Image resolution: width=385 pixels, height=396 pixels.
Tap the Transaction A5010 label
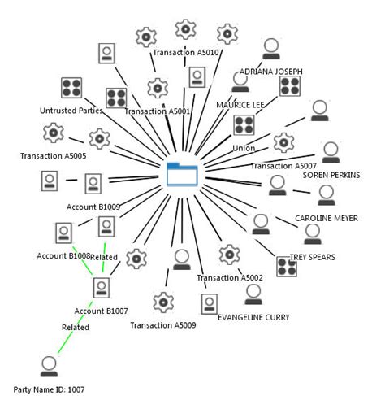point(186,53)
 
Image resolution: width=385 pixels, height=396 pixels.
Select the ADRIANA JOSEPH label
point(270,72)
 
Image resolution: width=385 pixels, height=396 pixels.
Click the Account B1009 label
point(93,207)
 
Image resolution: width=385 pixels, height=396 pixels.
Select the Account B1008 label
point(62,256)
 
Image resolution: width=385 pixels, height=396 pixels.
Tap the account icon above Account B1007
point(102,287)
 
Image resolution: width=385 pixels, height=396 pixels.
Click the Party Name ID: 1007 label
point(49,389)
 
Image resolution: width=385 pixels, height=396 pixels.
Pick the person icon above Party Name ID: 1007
point(50,363)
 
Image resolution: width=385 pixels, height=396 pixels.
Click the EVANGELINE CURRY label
point(255,318)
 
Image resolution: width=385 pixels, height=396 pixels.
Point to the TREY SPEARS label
point(312,257)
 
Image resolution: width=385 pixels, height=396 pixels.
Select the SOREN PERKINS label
point(331,175)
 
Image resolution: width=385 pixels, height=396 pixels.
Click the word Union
point(244,149)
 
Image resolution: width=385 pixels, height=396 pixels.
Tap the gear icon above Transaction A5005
point(53,131)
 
